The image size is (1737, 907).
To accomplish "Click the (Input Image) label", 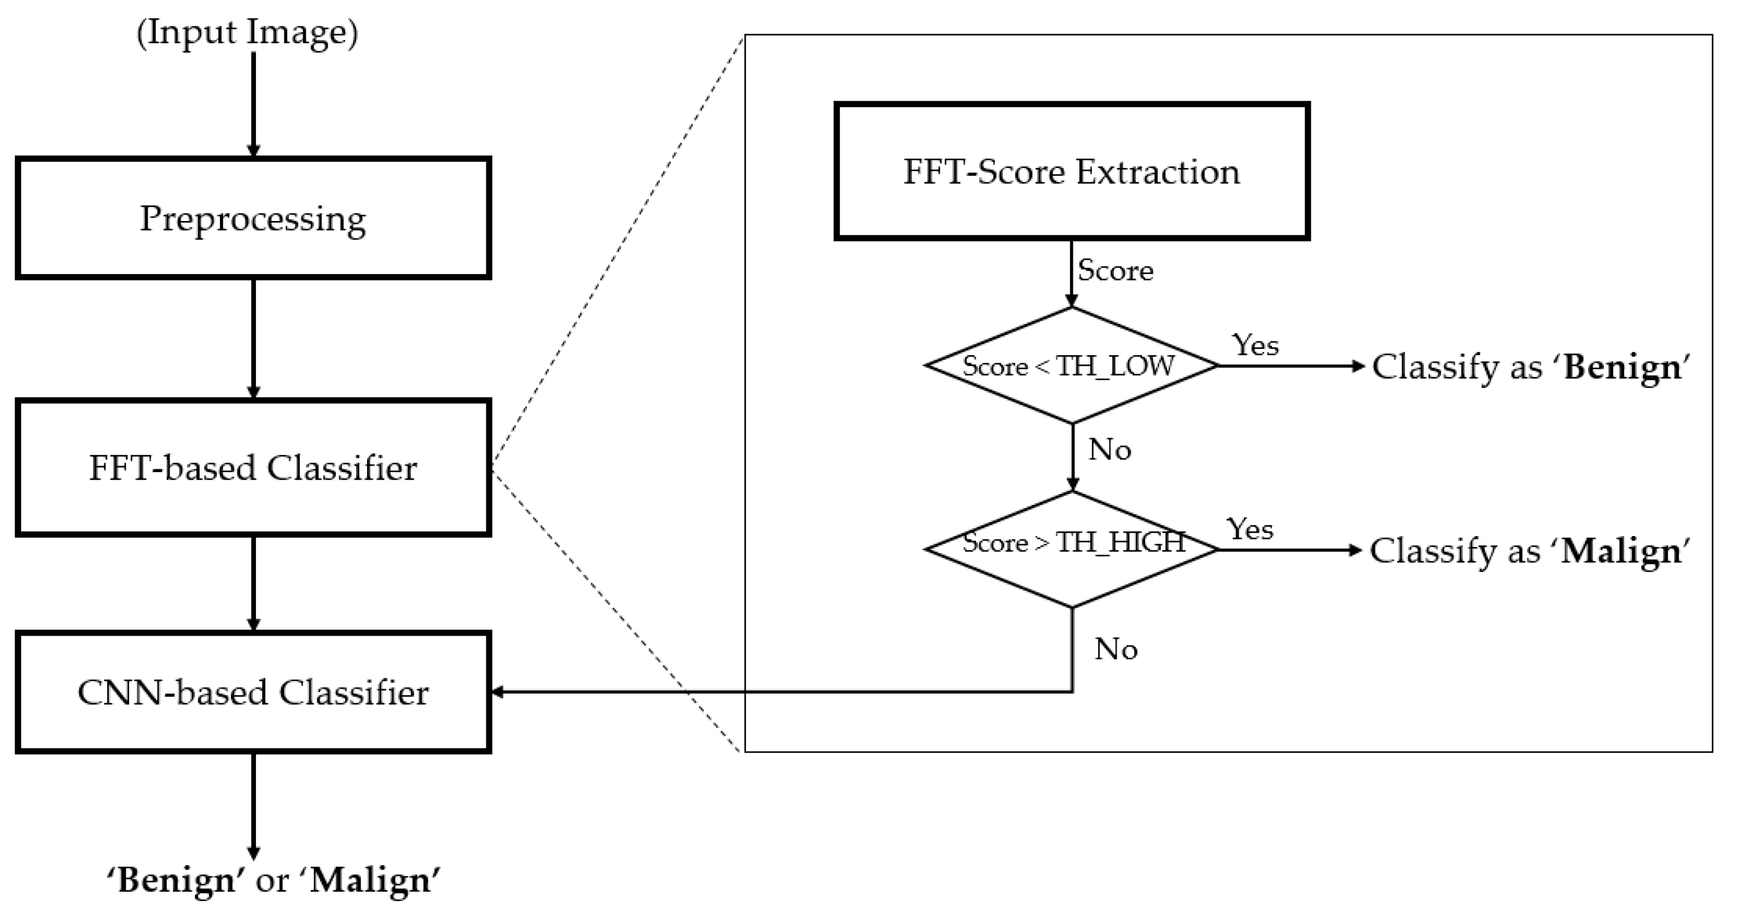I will point(247,32).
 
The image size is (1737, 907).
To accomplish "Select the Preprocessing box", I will point(253,218).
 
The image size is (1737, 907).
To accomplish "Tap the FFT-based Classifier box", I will point(253,467).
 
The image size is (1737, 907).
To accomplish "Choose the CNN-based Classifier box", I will point(253,692).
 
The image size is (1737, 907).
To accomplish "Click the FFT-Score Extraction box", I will point(1071,171).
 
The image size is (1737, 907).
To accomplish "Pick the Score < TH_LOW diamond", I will point(1071,366).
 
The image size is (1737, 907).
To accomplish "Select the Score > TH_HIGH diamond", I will point(1071,549).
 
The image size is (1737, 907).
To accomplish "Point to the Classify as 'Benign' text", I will point(1531,368).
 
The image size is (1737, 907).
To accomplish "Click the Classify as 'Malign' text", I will point(1529,551).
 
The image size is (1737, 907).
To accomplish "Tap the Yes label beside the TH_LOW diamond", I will point(1255,345).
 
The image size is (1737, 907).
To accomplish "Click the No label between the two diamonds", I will point(1109,450).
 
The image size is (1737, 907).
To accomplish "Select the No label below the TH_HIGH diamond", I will point(1116,649).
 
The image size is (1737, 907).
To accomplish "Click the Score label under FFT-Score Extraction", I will point(1116,270).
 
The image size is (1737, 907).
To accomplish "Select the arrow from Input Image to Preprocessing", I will point(253,104).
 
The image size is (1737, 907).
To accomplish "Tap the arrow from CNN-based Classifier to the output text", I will point(253,806).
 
